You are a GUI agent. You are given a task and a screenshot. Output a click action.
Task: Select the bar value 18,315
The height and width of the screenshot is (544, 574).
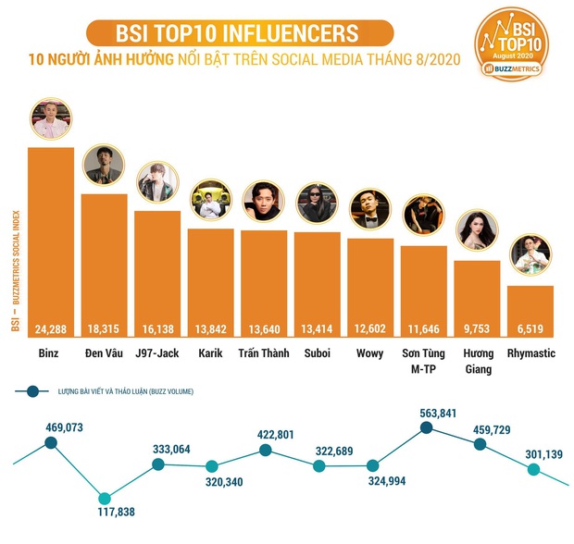[x=104, y=328]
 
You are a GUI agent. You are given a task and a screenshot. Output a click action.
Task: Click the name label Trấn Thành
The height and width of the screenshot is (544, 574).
[x=264, y=353]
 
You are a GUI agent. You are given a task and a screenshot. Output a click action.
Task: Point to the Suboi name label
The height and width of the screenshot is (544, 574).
[x=317, y=353]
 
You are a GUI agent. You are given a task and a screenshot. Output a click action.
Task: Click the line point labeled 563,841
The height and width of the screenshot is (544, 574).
[x=426, y=427]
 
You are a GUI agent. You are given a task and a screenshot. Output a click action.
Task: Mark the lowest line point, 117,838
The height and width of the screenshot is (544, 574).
[x=105, y=498]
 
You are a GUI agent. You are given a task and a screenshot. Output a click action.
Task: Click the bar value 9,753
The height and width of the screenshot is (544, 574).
[x=477, y=328]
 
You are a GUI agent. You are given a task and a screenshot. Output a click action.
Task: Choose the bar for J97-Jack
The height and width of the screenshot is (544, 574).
[x=157, y=273]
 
